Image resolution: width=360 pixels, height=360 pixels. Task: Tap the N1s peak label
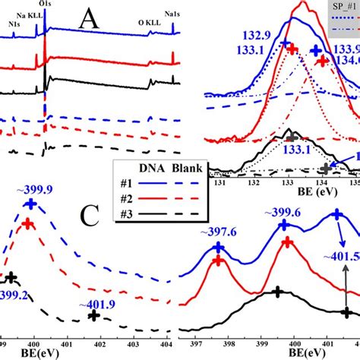[x=15, y=24]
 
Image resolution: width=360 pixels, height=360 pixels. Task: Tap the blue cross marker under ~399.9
[x=30, y=204]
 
